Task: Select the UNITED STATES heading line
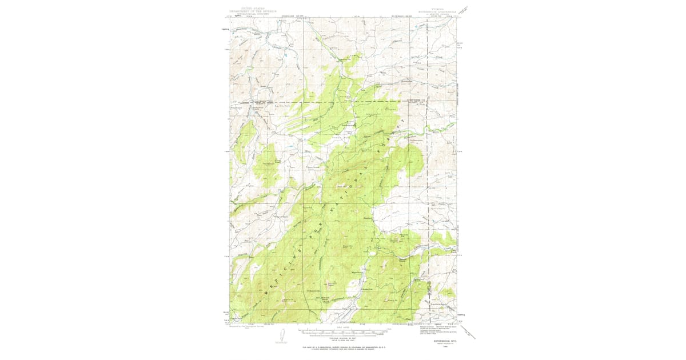tap(248, 8)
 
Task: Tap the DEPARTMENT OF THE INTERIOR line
tap(248, 11)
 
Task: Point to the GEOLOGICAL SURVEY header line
tap(248, 14)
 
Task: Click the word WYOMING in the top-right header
tap(444, 8)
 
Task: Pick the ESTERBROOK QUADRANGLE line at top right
tap(444, 11)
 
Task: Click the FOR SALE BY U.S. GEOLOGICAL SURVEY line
tap(343, 347)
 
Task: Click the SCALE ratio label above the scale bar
tap(343, 328)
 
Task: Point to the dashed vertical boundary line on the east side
tap(427, 171)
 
